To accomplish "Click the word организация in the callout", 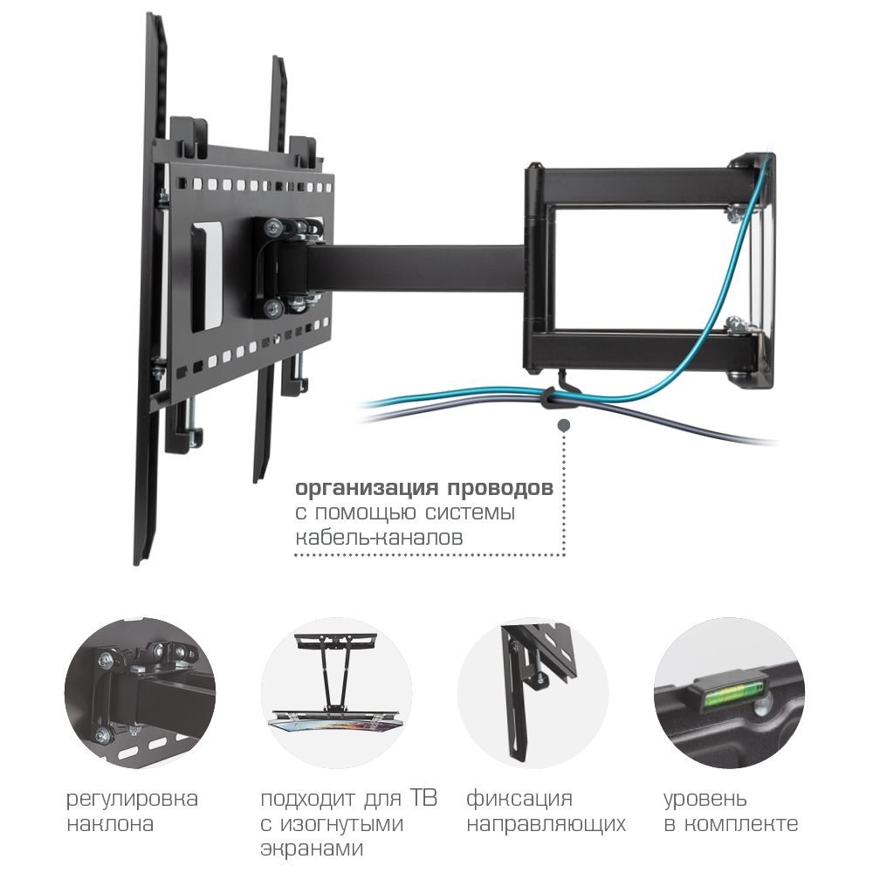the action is point(367,488).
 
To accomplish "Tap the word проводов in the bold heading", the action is point(500,488).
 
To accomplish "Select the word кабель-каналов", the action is point(379,538).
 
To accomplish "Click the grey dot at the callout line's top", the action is point(563,426).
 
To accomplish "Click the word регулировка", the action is point(132,800).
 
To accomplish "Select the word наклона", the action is point(110,824).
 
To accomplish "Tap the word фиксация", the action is point(519,800).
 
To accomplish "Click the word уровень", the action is point(705,800).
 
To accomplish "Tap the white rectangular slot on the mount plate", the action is point(211,271).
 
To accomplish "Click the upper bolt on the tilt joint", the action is point(274,227).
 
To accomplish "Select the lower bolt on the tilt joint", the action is point(272,306).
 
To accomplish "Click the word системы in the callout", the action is point(471,512).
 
